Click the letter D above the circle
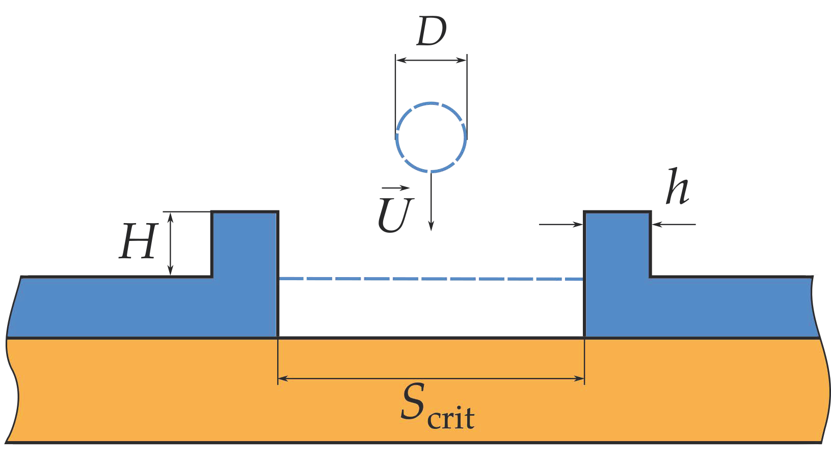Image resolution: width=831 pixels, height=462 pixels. pyautogui.click(x=431, y=32)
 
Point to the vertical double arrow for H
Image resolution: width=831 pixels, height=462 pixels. pyautogui.click(x=171, y=243)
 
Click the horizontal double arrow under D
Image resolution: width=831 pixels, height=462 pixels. pyautogui.click(x=431, y=60)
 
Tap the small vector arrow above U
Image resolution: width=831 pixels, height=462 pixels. pyautogui.click(x=396, y=188)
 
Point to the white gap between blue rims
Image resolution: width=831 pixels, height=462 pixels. pyautogui.click(x=431, y=311)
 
